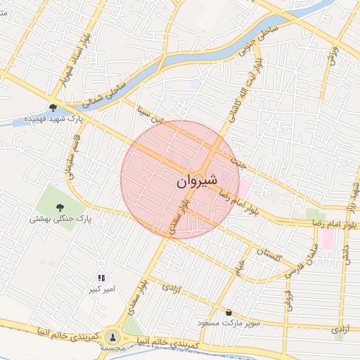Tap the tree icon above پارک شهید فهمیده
[x=53, y=108]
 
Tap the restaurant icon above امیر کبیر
[x=101, y=278]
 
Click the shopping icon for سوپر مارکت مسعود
[x=229, y=312]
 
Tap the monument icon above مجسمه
[x=112, y=336]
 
